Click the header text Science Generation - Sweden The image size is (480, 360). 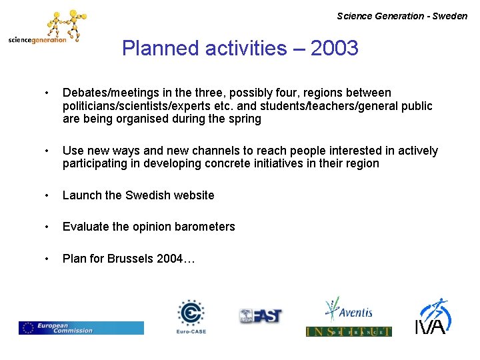[402, 16]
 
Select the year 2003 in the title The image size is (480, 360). [334, 48]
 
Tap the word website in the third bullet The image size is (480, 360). [193, 195]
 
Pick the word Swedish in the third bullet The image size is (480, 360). [147, 195]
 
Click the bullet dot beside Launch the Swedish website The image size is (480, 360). [46, 195]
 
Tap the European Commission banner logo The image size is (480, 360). [81, 327]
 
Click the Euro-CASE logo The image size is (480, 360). [191, 316]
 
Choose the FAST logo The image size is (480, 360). [261, 316]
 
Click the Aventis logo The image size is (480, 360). [348, 309]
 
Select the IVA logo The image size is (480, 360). [433, 316]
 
